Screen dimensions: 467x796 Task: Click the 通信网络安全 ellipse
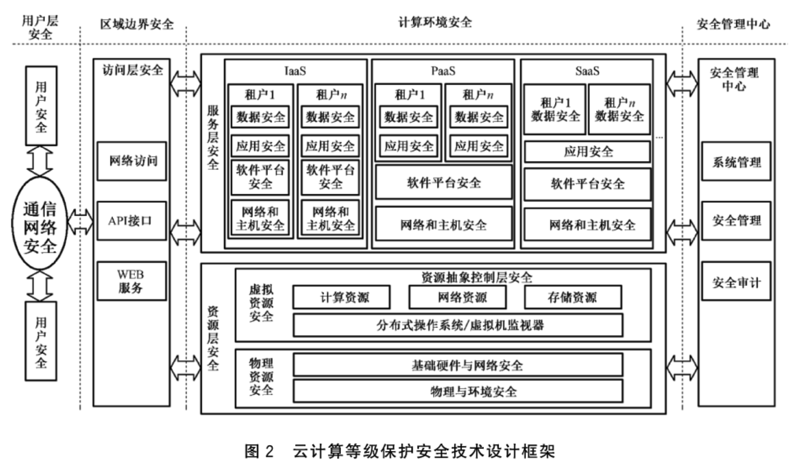click(40, 223)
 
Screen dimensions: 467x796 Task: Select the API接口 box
click(131, 221)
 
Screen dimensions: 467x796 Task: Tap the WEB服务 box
click(131, 281)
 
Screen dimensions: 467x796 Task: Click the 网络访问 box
click(131, 161)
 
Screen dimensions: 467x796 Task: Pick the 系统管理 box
click(736, 161)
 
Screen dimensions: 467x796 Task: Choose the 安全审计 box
click(736, 282)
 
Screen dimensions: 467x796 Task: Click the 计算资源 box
click(341, 297)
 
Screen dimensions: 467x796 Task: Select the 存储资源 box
click(573, 297)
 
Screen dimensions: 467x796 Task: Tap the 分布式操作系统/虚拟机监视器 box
click(458, 325)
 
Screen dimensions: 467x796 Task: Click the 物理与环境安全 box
click(458, 391)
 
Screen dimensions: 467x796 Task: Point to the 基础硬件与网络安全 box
click(458, 365)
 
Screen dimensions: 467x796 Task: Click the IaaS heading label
click(295, 71)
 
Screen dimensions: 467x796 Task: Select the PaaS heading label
click(443, 71)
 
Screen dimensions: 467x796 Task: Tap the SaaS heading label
click(587, 71)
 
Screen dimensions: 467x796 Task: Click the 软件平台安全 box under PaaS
click(443, 182)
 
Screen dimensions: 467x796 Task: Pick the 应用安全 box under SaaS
click(587, 151)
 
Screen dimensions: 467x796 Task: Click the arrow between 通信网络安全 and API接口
click(81, 222)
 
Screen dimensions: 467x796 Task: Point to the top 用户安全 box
click(41, 106)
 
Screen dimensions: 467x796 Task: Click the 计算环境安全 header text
click(434, 22)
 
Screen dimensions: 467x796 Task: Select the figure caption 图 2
click(259, 451)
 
